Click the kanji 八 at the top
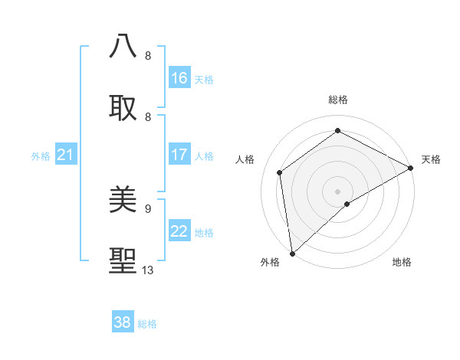coord(123,47)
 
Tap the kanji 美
coord(123,200)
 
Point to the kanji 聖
coord(123,261)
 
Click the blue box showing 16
coord(179,78)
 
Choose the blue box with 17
coord(179,155)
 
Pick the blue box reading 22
coord(179,231)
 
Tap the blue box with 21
coord(66,155)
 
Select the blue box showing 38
coord(123,322)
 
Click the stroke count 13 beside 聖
coord(148,270)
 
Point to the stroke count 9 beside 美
coord(148,208)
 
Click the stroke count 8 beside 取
coord(148,116)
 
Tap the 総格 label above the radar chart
coord(338,100)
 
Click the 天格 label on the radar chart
coord(432,159)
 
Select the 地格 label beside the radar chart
coord(402,263)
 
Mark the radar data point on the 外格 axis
coord(292,253)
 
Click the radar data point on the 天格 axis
coord(410,168)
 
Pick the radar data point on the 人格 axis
coord(280,172)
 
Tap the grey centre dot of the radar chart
coord(337,191)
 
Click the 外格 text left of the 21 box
coord(41,155)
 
